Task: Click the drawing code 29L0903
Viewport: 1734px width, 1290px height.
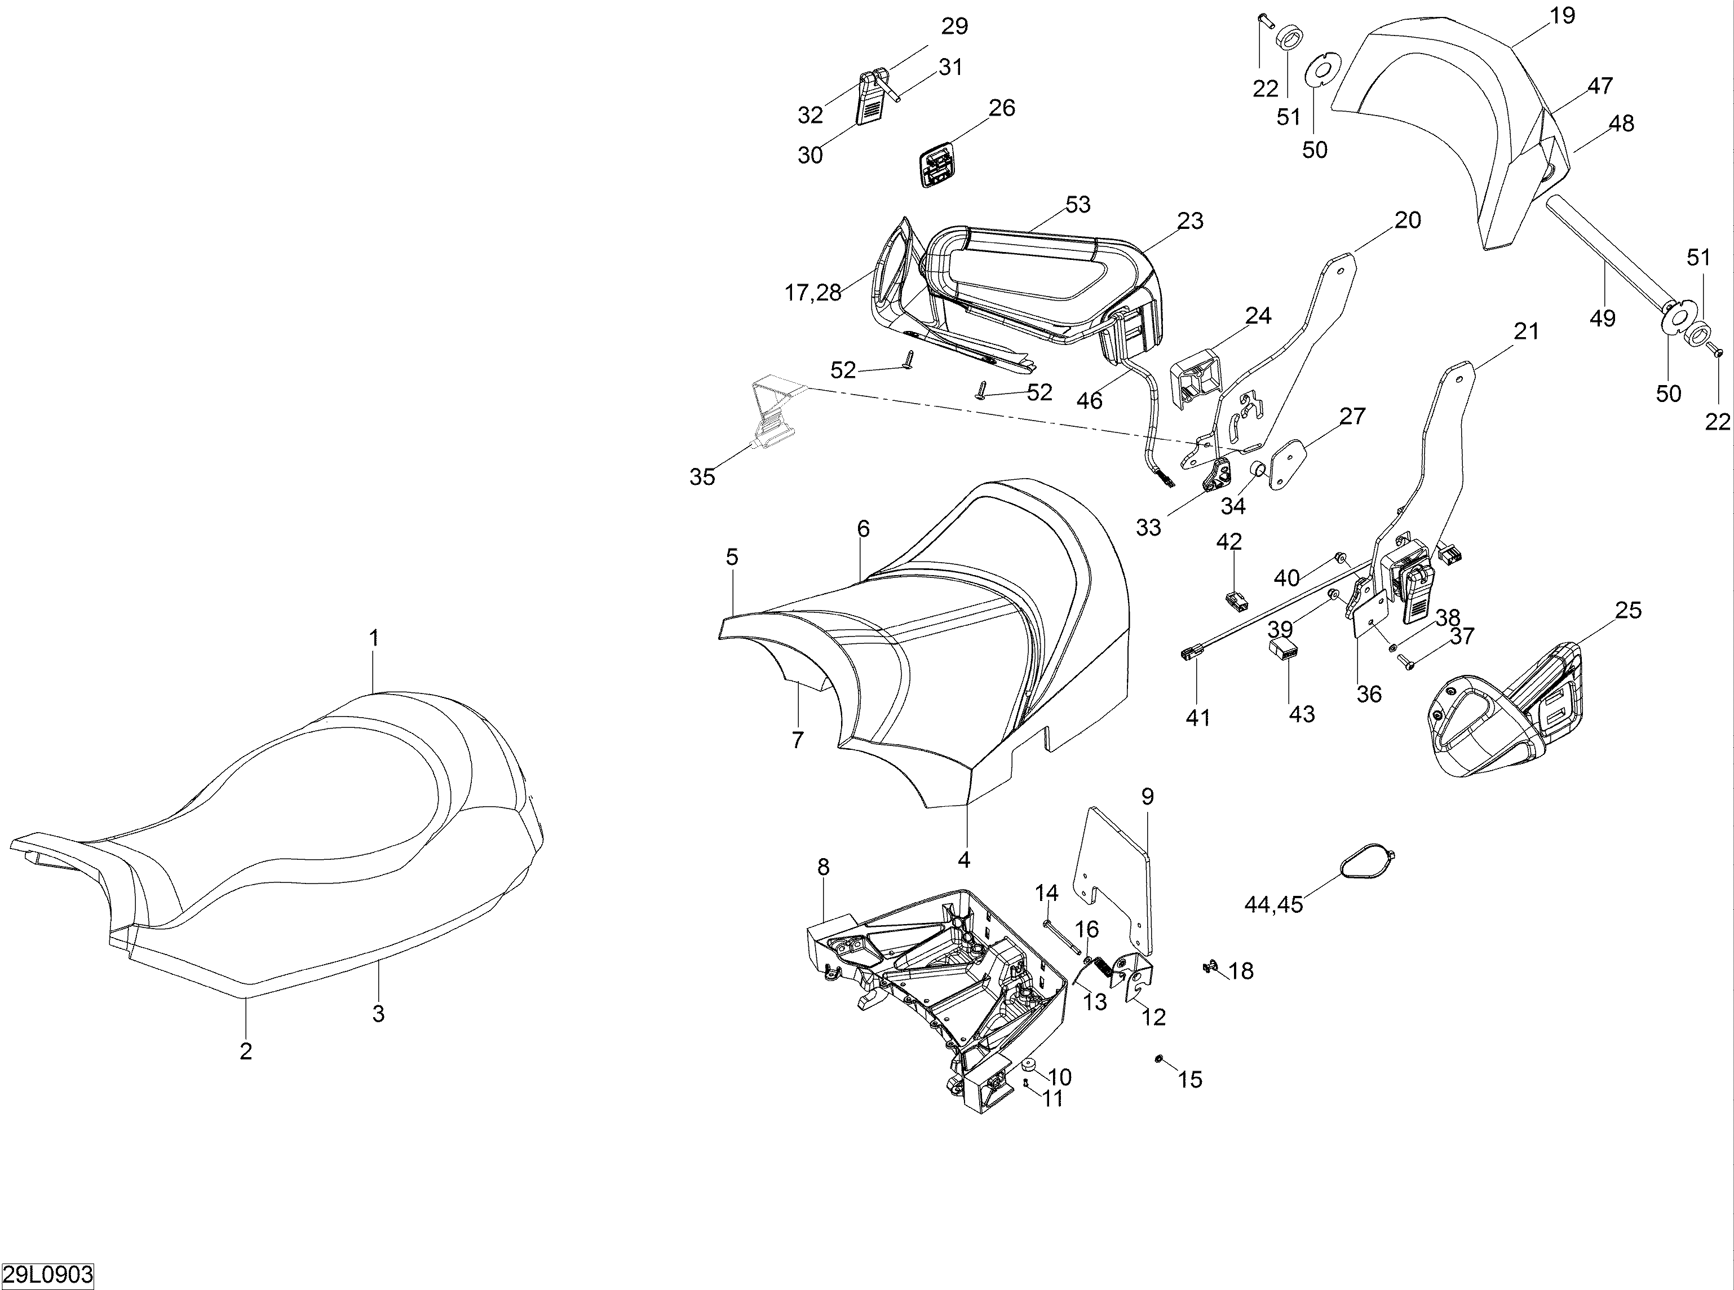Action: [x=47, y=1276]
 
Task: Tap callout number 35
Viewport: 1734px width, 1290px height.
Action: [x=702, y=477]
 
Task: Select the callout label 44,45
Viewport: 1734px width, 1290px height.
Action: [x=1273, y=904]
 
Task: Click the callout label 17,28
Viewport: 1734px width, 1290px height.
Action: [x=813, y=293]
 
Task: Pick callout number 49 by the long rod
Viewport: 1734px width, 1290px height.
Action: [x=1602, y=318]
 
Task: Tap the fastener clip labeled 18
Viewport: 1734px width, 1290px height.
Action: [x=1211, y=968]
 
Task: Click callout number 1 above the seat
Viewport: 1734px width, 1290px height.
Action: [x=374, y=638]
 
